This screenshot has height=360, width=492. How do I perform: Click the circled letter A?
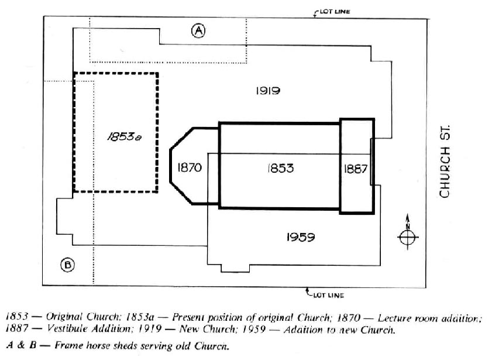click(199, 31)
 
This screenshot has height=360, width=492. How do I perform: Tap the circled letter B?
click(68, 266)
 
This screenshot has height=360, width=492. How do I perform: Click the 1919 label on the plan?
click(268, 90)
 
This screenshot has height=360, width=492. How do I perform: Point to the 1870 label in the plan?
click(188, 168)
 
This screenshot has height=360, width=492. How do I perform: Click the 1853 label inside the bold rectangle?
click(280, 168)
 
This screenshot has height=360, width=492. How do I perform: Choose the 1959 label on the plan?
click(301, 237)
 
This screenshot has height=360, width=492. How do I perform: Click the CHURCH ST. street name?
click(445, 164)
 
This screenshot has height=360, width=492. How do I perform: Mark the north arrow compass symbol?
click(407, 236)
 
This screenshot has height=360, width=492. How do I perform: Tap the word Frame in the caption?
click(67, 345)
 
